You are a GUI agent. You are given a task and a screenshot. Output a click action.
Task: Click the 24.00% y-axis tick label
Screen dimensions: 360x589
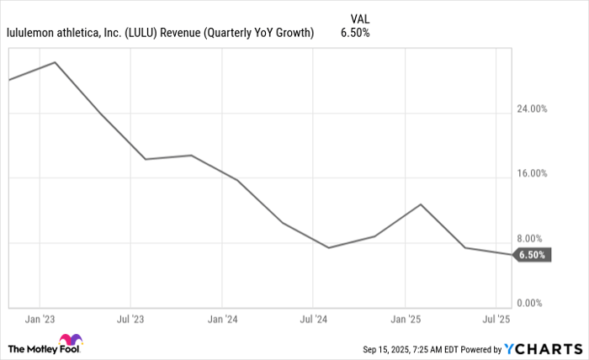(532, 109)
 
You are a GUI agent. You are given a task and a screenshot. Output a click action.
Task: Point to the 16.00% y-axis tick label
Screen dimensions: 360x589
(532, 174)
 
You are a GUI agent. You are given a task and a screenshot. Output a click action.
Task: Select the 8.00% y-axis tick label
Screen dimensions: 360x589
(534, 239)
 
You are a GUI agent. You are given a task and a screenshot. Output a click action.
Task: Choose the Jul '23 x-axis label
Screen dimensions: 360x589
(130, 320)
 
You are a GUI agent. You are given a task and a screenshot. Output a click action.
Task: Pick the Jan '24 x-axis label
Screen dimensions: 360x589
(221, 320)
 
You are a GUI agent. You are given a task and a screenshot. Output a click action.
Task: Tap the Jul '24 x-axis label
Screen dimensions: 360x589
(313, 320)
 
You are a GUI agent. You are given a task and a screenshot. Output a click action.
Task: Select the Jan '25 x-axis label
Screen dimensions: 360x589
(405, 320)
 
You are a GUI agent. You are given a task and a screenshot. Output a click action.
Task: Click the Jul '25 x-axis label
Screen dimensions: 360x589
(495, 320)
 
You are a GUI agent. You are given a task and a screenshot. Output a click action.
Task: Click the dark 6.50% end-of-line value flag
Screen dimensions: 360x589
(532, 255)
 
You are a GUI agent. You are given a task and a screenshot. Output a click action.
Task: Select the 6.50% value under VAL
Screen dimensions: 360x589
(355, 33)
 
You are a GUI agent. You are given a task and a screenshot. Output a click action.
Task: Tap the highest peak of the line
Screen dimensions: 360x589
(56, 62)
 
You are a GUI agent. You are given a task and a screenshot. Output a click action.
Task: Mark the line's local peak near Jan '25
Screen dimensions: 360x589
(421, 204)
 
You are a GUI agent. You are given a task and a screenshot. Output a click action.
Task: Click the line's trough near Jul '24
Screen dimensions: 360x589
(328, 247)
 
